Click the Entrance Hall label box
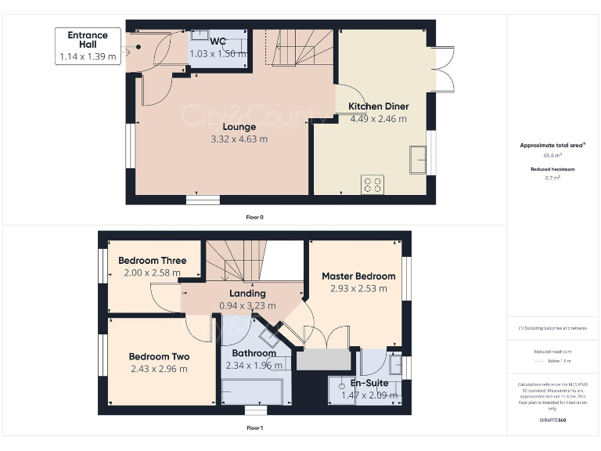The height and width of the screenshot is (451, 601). coord(88,45)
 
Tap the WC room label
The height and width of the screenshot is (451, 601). coord(218,41)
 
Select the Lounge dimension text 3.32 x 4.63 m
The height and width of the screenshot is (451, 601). coord(239,139)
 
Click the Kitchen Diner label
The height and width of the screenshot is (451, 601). coord(379,106)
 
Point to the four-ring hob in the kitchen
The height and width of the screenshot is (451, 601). coord(373,186)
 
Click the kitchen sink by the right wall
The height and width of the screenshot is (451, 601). coord(417,161)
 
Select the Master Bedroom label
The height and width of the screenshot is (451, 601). coord(353,276)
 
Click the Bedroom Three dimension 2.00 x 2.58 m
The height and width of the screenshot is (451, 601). coord(152,273)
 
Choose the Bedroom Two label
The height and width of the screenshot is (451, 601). coord(159,356)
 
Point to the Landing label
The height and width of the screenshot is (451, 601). coord(247,294)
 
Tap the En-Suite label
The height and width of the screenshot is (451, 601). coord(368,384)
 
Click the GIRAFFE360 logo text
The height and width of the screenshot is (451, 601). coord(552,420)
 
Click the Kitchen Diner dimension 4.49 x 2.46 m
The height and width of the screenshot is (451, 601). coord(379,119)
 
